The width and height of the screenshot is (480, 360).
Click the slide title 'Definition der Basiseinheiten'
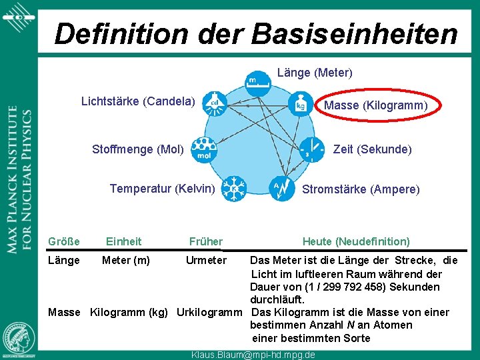(256, 33)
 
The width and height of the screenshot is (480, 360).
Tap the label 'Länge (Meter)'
(315, 72)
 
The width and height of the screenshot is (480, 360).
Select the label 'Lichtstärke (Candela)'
(138, 101)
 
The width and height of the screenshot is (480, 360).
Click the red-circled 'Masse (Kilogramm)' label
(375, 105)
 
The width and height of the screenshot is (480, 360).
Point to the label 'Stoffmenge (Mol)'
(138, 149)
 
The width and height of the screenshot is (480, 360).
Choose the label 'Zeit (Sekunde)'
(372, 149)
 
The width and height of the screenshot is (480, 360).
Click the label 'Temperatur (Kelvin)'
(162, 189)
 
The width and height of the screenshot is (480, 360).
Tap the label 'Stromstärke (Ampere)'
(361, 189)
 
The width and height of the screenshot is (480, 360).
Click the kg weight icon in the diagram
(301, 104)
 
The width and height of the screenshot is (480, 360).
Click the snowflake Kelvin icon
(235, 188)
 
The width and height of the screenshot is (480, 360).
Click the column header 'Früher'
(206, 241)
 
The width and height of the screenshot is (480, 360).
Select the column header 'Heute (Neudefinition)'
(356, 241)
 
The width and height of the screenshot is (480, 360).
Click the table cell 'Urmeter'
(207, 260)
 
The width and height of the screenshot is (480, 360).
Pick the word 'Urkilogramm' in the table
(209, 312)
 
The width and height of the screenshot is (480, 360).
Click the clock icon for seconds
(310, 149)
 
